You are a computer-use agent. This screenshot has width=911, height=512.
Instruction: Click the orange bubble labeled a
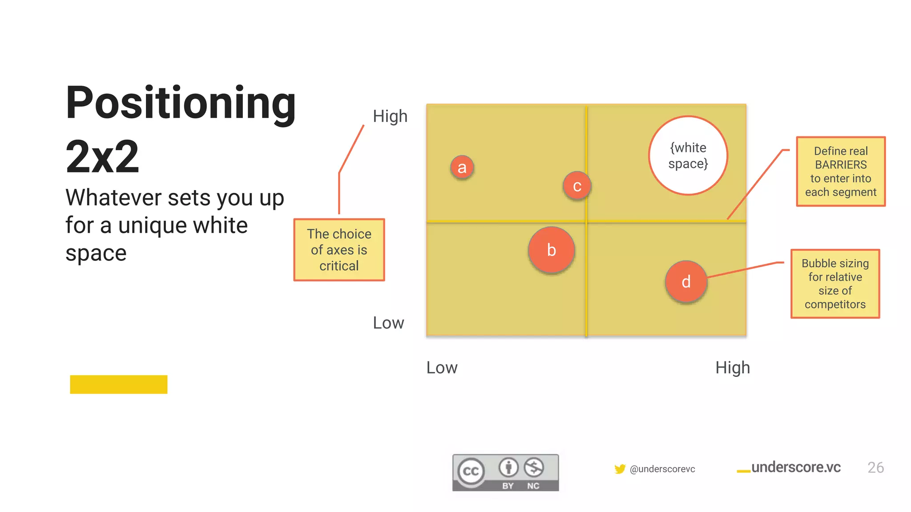pyautogui.click(x=462, y=168)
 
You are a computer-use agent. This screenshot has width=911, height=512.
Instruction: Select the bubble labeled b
pyautogui.click(x=552, y=250)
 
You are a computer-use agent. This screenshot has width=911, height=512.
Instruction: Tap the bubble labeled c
pyautogui.click(x=577, y=186)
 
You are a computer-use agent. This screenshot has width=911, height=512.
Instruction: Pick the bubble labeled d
pyautogui.click(x=686, y=282)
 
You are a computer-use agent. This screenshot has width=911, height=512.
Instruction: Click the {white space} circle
pyautogui.click(x=688, y=156)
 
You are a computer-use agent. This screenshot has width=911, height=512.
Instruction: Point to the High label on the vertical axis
pyautogui.click(x=390, y=116)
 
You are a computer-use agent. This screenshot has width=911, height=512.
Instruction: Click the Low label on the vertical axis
pyautogui.click(x=388, y=323)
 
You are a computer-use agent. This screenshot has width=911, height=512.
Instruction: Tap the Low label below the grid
pyautogui.click(x=442, y=368)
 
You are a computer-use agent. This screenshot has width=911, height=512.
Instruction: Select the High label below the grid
pyautogui.click(x=733, y=368)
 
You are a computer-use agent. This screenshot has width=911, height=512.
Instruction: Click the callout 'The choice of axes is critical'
pyautogui.click(x=339, y=250)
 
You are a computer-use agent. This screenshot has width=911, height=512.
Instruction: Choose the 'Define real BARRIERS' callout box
pyautogui.click(x=841, y=172)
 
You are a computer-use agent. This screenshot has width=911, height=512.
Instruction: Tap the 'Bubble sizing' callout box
pyautogui.click(x=835, y=284)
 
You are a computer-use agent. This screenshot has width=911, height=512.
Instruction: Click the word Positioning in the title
pyautogui.click(x=181, y=103)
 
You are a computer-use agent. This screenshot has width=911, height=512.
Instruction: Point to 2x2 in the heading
pyautogui.click(x=102, y=156)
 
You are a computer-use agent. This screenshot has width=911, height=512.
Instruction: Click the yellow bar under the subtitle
pyautogui.click(x=119, y=384)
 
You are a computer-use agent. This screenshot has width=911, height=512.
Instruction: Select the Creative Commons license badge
pyautogui.click(x=505, y=472)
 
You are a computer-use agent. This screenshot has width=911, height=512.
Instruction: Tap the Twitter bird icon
pyautogui.click(x=620, y=469)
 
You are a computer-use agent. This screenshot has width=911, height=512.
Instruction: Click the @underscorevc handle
pyautogui.click(x=662, y=469)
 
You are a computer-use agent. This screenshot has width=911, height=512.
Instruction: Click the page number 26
pyautogui.click(x=875, y=468)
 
